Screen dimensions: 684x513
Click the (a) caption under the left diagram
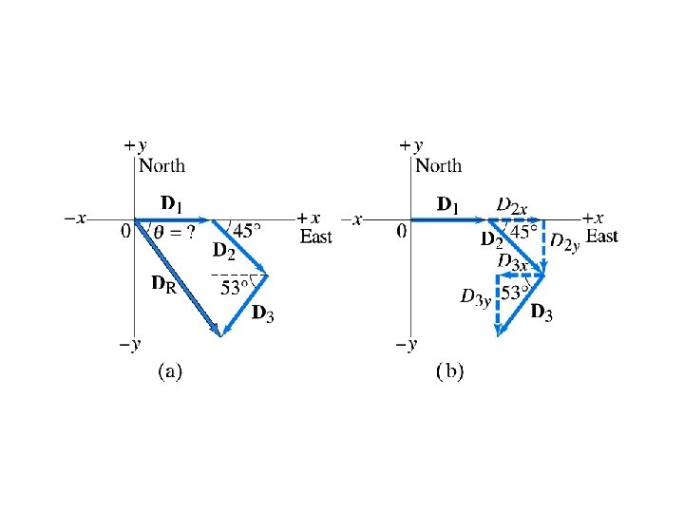(x=168, y=371)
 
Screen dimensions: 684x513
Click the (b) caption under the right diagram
(x=448, y=371)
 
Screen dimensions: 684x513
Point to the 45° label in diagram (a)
(x=246, y=231)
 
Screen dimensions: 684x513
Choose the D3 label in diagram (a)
(x=262, y=313)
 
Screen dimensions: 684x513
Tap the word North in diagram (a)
(x=162, y=166)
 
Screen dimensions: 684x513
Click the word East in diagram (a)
(x=316, y=237)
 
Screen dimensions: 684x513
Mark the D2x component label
(x=513, y=206)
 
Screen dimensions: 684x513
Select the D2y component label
(x=566, y=246)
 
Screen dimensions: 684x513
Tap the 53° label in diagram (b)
(x=514, y=294)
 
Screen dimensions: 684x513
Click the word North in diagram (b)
(x=439, y=166)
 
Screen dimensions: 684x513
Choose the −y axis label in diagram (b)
(x=409, y=345)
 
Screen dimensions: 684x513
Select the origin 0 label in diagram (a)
(x=126, y=232)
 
